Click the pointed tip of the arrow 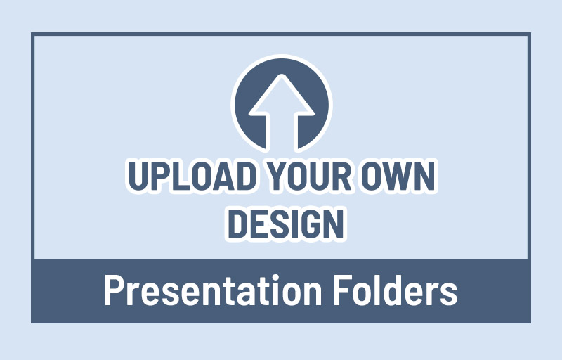coord(281,76)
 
